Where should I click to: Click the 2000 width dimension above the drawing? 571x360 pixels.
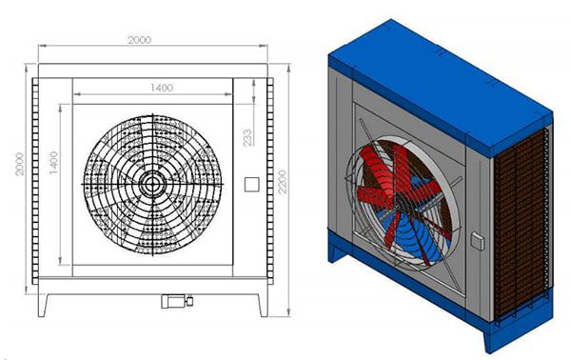pyautogui.click(x=140, y=40)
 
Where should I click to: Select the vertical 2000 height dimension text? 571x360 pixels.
pyautogui.click(x=19, y=164)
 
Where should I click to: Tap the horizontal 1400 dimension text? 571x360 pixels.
pyautogui.click(x=162, y=88)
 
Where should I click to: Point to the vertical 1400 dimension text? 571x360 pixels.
pyautogui.click(x=53, y=163)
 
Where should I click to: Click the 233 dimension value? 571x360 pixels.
pyautogui.click(x=247, y=138)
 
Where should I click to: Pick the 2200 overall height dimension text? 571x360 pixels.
pyautogui.click(x=283, y=182)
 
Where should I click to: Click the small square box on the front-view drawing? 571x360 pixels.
pyautogui.click(x=251, y=185)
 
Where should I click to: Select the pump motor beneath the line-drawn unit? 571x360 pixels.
pyautogui.click(x=177, y=301)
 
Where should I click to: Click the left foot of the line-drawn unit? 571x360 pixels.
pyautogui.click(x=43, y=305)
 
